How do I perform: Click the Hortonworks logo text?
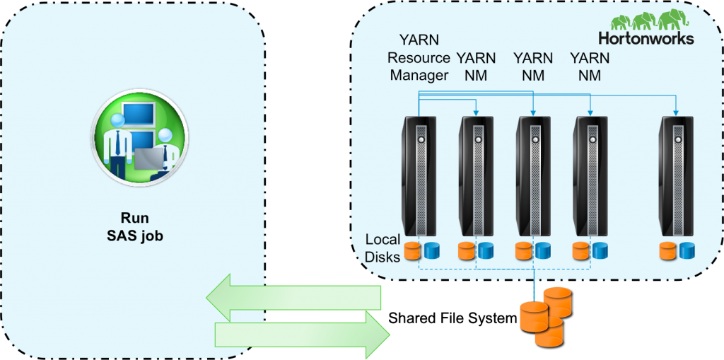(x=646, y=38)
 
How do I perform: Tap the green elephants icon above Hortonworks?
(x=646, y=21)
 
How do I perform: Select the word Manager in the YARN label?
(x=419, y=75)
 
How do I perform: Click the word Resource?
(x=419, y=57)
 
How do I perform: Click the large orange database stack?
(x=544, y=315)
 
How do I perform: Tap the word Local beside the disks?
(x=383, y=240)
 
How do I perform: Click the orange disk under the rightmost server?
(x=667, y=250)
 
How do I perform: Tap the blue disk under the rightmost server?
(x=686, y=250)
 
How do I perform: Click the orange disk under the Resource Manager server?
(x=411, y=250)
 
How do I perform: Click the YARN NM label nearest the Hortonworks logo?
(x=590, y=66)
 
